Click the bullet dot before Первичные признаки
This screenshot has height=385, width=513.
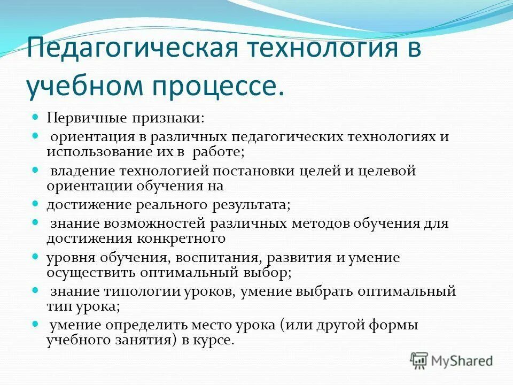coord(36,116)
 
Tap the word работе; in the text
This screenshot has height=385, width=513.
coord(217,152)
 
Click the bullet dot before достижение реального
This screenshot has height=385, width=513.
coord(36,204)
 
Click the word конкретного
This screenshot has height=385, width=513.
coord(183,238)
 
